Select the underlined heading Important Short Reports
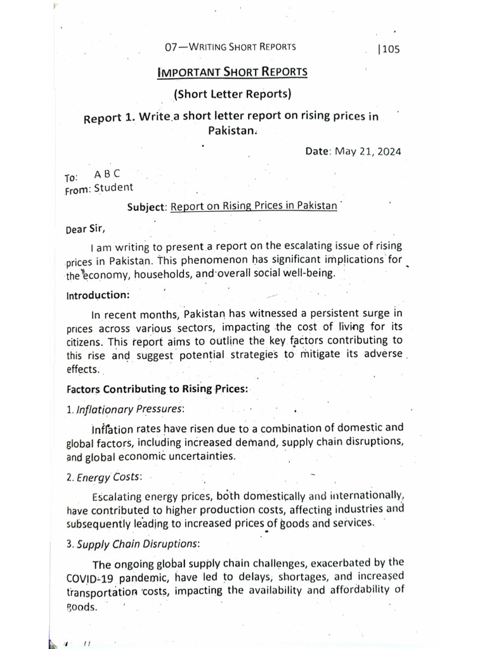click(x=232, y=72)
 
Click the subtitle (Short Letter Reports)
click(x=232, y=94)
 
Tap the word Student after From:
click(x=114, y=187)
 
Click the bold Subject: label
click(x=146, y=207)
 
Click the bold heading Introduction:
click(x=98, y=295)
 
